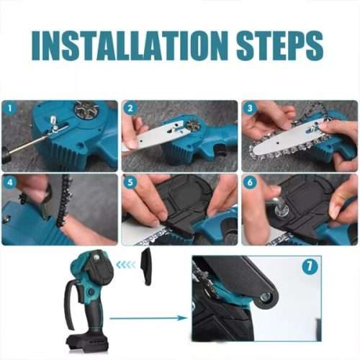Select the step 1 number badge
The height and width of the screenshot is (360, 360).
coord(9,109)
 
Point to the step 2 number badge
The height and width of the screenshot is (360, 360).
coord(130,109)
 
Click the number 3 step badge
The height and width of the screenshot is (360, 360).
coord(250,109)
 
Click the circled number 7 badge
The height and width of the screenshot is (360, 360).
coord(310,267)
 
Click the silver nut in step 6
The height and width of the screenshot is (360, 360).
coord(281,210)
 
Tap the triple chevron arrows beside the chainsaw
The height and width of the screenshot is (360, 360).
coord(126,264)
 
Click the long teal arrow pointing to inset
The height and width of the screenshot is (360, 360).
coord(148,317)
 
